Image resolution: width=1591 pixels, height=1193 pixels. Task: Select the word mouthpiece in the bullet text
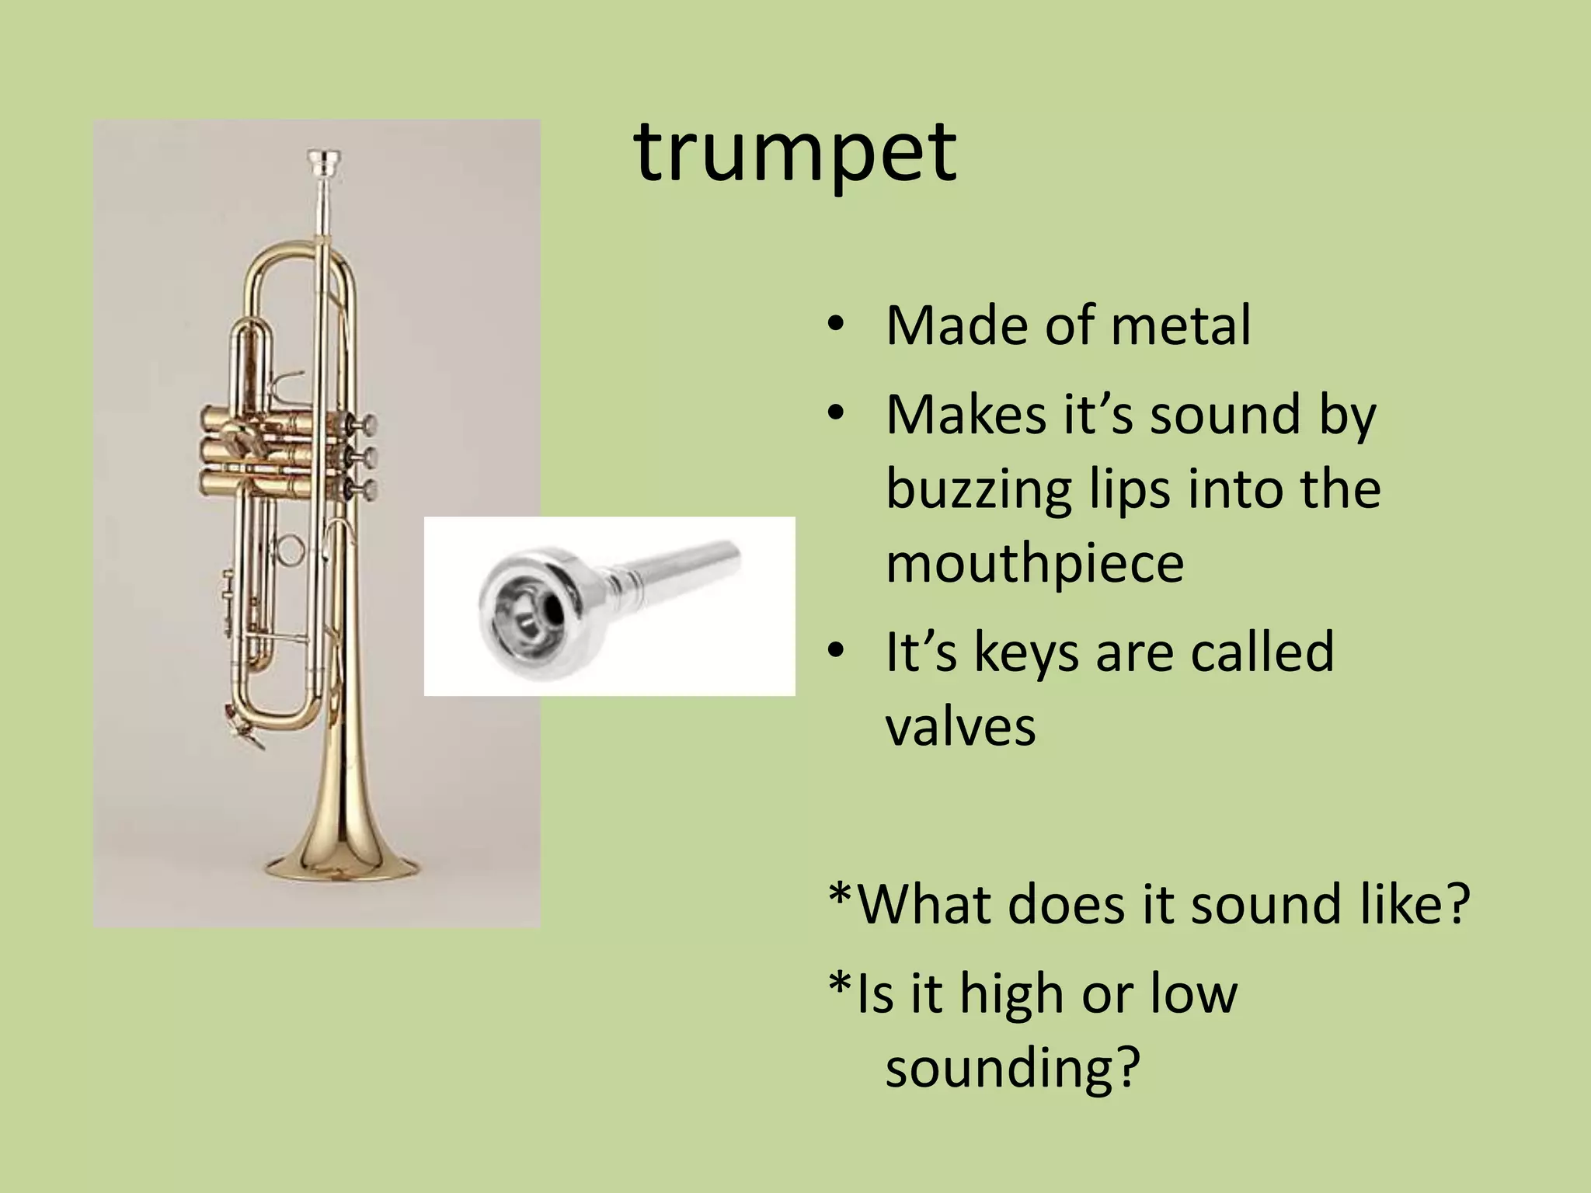[x=1034, y=565]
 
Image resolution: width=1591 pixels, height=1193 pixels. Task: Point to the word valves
[x=960, y=727]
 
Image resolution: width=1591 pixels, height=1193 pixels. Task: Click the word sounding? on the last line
[x=1011, y=1069]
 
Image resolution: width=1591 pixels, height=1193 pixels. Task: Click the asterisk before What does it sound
[x=840, y=897]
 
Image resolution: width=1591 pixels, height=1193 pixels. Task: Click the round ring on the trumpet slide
[x=289, y=550]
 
